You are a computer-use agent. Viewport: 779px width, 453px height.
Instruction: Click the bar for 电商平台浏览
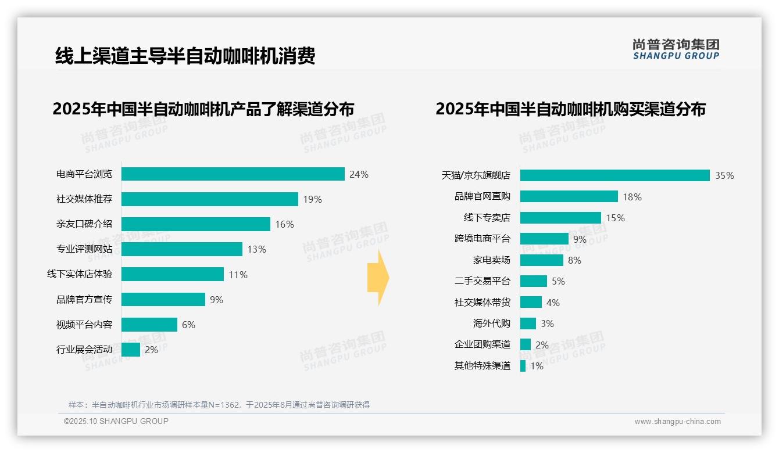click(233, 174)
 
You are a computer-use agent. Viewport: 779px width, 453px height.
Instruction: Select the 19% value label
click(312, 199)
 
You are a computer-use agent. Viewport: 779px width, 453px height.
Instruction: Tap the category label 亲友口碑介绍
click(84, 224)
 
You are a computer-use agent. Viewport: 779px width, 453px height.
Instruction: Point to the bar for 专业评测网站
click(181, 249)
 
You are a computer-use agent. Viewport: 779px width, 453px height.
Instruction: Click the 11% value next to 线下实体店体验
click(238, 275)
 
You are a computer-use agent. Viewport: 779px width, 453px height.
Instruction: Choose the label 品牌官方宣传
click(84, 300)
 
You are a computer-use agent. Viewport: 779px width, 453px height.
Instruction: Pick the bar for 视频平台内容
click(149, 325)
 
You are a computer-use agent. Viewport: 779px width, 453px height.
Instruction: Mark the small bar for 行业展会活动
click(131, 350)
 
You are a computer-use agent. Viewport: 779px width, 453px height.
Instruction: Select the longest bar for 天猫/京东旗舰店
click(614, 175)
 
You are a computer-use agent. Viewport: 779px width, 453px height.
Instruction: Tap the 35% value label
click(724, 176)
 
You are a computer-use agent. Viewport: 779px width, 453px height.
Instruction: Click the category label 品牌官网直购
click(482, 197)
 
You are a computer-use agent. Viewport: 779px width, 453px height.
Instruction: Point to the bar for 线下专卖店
click(560, 218)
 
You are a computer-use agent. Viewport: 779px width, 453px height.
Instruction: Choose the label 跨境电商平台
click(482, 239)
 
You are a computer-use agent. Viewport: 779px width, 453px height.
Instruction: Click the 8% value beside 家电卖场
click(574, 260)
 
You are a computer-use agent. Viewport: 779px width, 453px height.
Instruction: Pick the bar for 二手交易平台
click(533, 281)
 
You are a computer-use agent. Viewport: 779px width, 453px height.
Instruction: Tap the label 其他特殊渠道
click(482, 366)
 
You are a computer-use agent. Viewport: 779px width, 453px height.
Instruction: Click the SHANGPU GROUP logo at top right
click(676, 49)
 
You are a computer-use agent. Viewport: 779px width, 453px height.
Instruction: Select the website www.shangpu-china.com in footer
click(677, 422)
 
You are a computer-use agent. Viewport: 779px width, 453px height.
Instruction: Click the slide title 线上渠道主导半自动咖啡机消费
click(185, 56)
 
